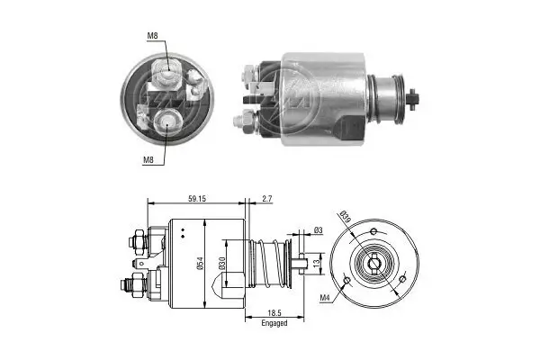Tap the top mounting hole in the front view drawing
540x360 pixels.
pos(373,232)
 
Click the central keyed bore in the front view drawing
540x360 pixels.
pos(373,265)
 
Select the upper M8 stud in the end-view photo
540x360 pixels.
pos(167,70)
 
